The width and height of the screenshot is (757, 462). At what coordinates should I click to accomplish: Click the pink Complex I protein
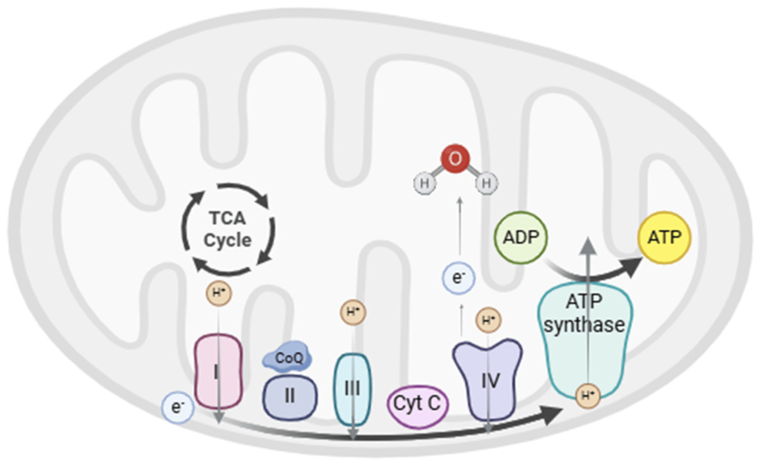tap(218, 367)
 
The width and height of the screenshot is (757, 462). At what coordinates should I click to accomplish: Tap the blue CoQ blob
tap(288, 359)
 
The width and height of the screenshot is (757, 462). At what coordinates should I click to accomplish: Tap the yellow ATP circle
tap(664, 237)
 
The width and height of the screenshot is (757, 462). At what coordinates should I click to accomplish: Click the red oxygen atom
tap(455, 159)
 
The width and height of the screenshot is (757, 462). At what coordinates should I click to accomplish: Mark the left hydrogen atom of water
tap(424, 184)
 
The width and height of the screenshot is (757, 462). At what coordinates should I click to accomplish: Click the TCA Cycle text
tap(228, 229)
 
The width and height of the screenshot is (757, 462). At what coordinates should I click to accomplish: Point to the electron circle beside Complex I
tap(178, 408)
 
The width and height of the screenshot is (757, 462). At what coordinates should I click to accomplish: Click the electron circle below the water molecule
tap(459, 278)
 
